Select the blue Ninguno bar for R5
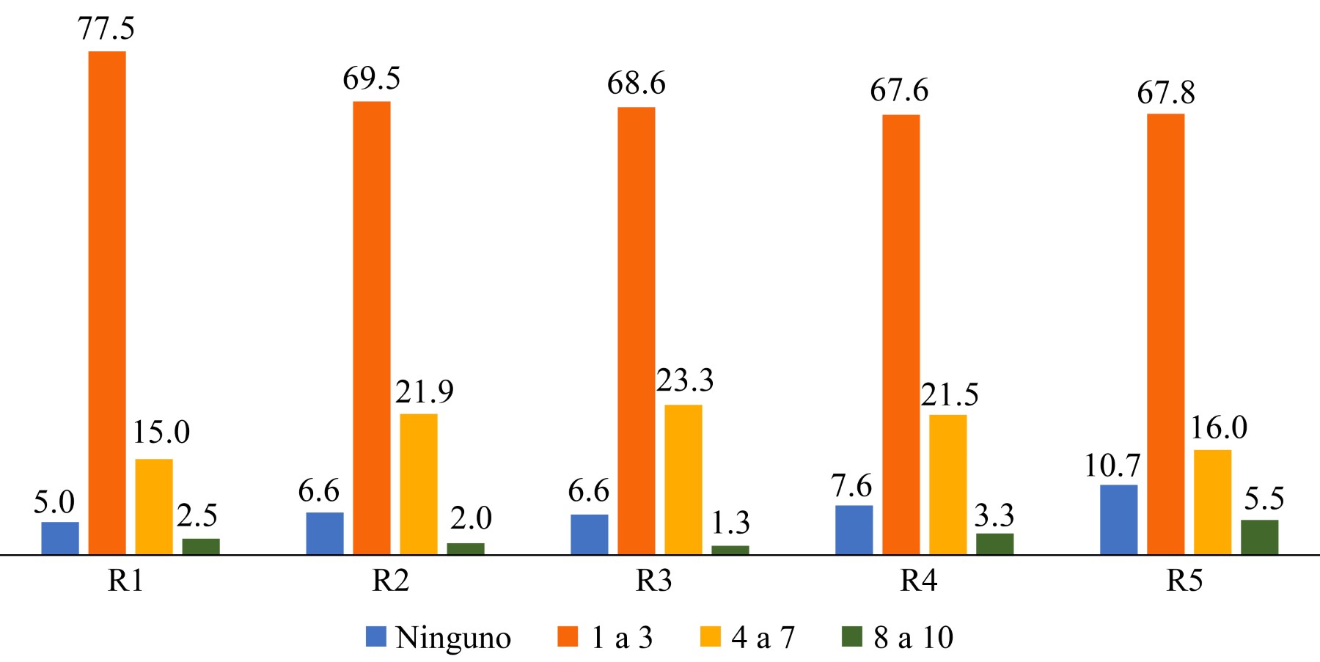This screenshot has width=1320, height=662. (1118, 519)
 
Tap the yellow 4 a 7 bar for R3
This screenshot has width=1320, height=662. (683, 479)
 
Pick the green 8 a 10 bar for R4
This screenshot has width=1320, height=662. (994, 543)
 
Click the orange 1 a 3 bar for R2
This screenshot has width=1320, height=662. (372, 327)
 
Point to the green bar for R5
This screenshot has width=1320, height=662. (1259, 537)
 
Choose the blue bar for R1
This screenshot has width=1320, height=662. (60, 537)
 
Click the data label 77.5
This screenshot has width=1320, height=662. (106, 29)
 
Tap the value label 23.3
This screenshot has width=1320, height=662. (684, 380)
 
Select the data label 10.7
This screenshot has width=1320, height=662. (1112, 466)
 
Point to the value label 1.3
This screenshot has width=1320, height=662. (730, 523)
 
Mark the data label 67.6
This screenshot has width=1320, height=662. (899, 91)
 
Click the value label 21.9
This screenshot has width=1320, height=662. (425, 392)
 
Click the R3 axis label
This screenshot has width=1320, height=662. (654, 581)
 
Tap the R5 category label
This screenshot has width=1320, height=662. (1184, 581)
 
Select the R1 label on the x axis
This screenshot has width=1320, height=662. (125, 581)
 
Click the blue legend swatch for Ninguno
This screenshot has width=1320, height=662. (376, 636)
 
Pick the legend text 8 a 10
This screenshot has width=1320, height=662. (913, 638)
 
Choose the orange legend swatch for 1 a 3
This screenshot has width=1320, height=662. (568, 636)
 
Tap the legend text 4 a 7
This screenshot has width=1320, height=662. (763, 638)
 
